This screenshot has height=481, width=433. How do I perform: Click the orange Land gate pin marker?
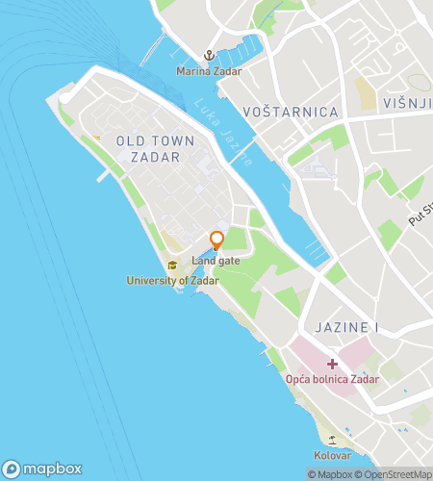coord(216,240)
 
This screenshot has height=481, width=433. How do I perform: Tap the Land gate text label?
coord(216,261)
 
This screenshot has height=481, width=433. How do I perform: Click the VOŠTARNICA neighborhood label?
coord(291,113)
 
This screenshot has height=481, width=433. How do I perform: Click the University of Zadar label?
coord(173,281)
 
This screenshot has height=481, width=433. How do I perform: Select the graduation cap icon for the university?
coord(172,266)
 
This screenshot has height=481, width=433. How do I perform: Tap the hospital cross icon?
coord(332,364)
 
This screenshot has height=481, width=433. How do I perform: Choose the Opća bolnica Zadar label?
coord(332,379)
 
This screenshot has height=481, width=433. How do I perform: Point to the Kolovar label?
coord(332,455)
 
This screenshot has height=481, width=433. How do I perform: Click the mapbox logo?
coord(42,469)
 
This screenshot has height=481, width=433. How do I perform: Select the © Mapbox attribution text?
coord(330,474)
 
